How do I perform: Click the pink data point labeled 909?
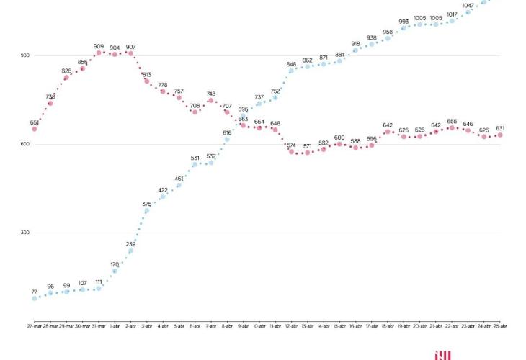pyautogui.click(x=99, y=53)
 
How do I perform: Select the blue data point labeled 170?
pyautogui.click(x=115, y=271)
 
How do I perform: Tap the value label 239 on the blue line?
pyautogui.click(x=131, y=244)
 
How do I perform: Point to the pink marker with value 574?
pyautogui.click(x=291, y=152)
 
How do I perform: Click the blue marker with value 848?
pyautogui.click(x=291, y=71)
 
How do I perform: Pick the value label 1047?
pyautogui.click(x=467, y=5)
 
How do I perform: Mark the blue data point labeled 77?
pyautogui.click(x=35, y=298)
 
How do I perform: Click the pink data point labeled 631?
pyautogui.click(x=500, y=135)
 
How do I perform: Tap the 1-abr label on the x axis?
pyautogui.click(x=115, y=325)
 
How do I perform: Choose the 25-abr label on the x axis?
pyautogui.click(x=500, y=325)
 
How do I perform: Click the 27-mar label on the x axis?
pyautogui.click(x=35, y=325)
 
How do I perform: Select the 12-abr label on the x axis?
pyautogui.click(x=291, y=325)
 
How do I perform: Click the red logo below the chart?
pyautogui.click(x=442, y=354)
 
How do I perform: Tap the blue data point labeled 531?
pyautogui.click(x=195, y=164)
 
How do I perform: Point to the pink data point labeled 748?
pyautogui.click(x=211, y=101)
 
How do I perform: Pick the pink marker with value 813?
pyautogui.click(x=147, y=81)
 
